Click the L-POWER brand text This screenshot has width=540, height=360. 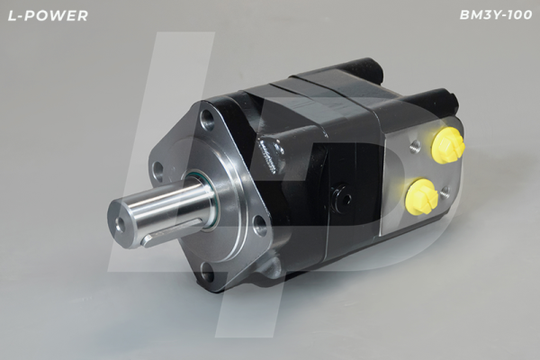pyautogui.click(x=48, y=15)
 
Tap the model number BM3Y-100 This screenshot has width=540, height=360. pyautogui.click(x=496, y=15)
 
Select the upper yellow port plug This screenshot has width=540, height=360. pyautogui.click(x=448, y=144)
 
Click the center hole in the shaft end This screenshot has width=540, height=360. pyautogui.click(x=120, y=223)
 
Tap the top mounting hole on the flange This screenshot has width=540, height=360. pyautogui.click(x=208, y=118)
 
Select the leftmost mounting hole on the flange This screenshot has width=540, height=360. pyautogui.click(x=158, y=170)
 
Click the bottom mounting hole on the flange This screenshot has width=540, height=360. pyautogui.click(x=207, y=271)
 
